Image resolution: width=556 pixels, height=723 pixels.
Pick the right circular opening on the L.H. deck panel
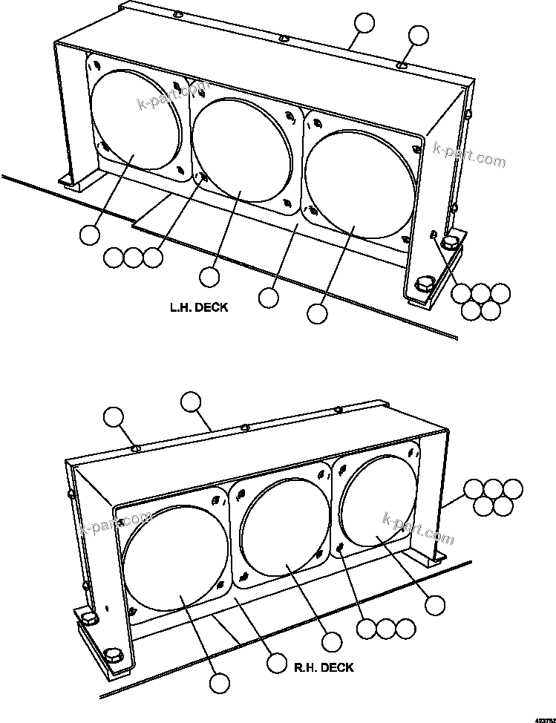353,182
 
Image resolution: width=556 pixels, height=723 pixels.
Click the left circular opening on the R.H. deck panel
176,557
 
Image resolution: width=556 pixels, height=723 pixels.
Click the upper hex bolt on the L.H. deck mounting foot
449,242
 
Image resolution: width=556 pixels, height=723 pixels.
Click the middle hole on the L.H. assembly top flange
284,39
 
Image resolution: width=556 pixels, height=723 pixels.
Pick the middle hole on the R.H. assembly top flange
245,428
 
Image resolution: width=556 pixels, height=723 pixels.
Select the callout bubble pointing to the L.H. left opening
90,235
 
